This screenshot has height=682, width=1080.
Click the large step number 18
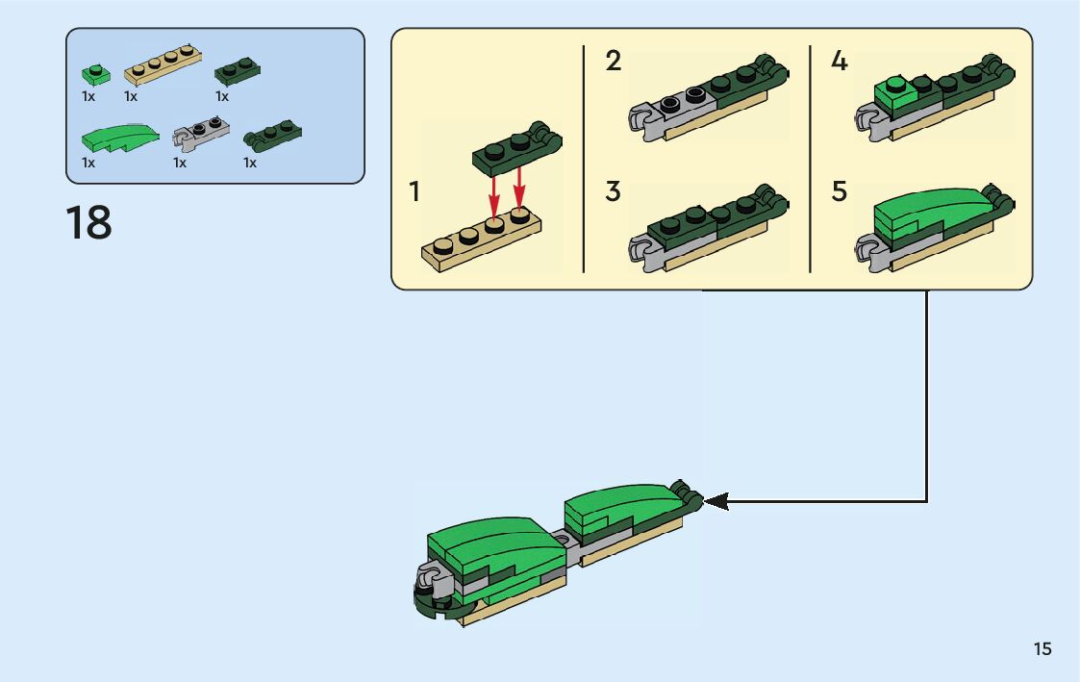[x=88, y=223]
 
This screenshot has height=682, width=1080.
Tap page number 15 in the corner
[x=1042, y=649]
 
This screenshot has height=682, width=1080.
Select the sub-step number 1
[x=414, y=192]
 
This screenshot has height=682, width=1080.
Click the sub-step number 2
[x=614, y=63]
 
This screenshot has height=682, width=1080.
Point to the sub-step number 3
[x=614, y=191]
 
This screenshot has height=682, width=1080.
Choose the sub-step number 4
[x=840, y=63]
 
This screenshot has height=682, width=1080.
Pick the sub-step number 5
[x=840, y=191]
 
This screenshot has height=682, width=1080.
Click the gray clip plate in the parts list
[x=201, y=132]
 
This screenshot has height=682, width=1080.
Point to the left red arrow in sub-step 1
[x=494, y=191]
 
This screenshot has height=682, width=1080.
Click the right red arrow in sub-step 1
[x=519, y=189]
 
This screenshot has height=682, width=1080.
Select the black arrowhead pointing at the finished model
[x=716, y=501]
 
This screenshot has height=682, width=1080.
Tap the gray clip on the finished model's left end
[x=431, y=581]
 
